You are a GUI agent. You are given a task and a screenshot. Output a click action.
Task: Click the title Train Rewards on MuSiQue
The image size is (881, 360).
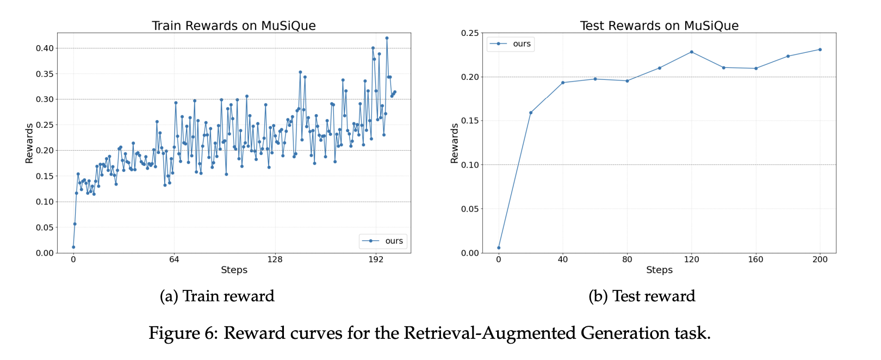click(x=233, y=26)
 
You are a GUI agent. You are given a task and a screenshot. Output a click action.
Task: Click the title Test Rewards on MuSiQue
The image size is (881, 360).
click(x=659, y=26)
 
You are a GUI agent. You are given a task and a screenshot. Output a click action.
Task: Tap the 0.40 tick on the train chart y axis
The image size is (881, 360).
click(x=45, y=48)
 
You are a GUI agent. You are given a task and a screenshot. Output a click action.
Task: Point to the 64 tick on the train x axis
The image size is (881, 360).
click(x=174, y=259)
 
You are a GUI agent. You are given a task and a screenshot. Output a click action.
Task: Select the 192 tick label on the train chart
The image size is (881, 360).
click(x=376, y=259)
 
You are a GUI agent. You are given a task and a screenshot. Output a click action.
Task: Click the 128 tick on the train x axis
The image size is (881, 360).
click(x=275, y=259)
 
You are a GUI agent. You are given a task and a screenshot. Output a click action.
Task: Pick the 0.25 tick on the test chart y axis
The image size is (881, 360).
click(x=470, y=33)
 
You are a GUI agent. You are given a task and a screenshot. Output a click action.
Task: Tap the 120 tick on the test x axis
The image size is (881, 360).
click(x=691, y=259)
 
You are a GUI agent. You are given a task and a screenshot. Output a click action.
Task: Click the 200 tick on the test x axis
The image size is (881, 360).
click(x=820, y=259)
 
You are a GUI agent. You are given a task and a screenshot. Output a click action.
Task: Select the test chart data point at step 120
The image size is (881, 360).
click(x=691, y=52)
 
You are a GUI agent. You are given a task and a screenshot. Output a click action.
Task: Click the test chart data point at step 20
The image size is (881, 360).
click(x=531, y=113)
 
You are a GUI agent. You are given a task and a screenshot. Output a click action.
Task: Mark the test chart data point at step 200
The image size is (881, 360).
click(x=820, y=49)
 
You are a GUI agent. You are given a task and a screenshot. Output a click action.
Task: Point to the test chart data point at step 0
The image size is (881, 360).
click(x=499, y=248)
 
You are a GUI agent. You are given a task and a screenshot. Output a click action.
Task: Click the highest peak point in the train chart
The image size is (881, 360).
click(x=387, y=38)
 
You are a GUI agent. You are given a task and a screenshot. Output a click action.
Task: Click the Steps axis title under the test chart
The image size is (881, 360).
click(x=659, y=270)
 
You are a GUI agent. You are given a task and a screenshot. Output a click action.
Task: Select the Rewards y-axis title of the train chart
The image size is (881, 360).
click(x=29, y=143)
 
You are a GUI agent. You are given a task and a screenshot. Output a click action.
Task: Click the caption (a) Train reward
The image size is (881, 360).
click(x=217, y=296)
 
